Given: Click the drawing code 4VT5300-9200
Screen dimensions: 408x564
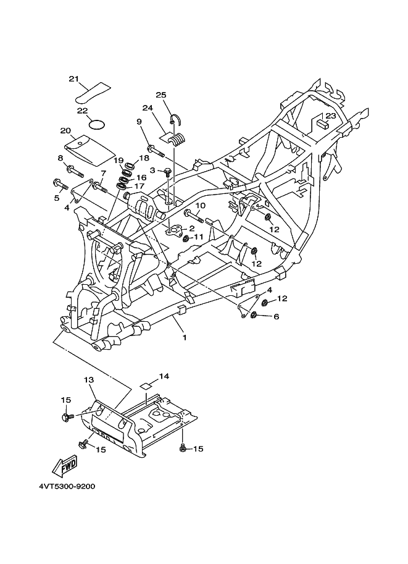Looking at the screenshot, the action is coord(67,487).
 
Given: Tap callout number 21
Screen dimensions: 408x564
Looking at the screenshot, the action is coord(73,79).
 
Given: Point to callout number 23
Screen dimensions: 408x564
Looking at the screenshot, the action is coord(331,116).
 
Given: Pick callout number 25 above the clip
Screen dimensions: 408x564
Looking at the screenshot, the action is coord(161,95).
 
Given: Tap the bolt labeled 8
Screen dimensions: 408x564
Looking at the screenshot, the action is coord(75,171).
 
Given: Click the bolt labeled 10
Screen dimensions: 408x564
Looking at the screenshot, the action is coord(194,216).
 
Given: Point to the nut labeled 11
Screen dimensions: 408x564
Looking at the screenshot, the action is coord(186,238).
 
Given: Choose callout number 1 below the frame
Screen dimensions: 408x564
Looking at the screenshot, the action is coord(185,337).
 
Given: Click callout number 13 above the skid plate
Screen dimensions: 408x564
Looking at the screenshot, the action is coord(89,379).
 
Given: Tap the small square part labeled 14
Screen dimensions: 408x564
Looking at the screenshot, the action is coord(146,386).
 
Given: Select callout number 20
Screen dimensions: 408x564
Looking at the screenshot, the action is coord(65,130).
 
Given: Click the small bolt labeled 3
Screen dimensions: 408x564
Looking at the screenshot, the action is coord(167,172).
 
